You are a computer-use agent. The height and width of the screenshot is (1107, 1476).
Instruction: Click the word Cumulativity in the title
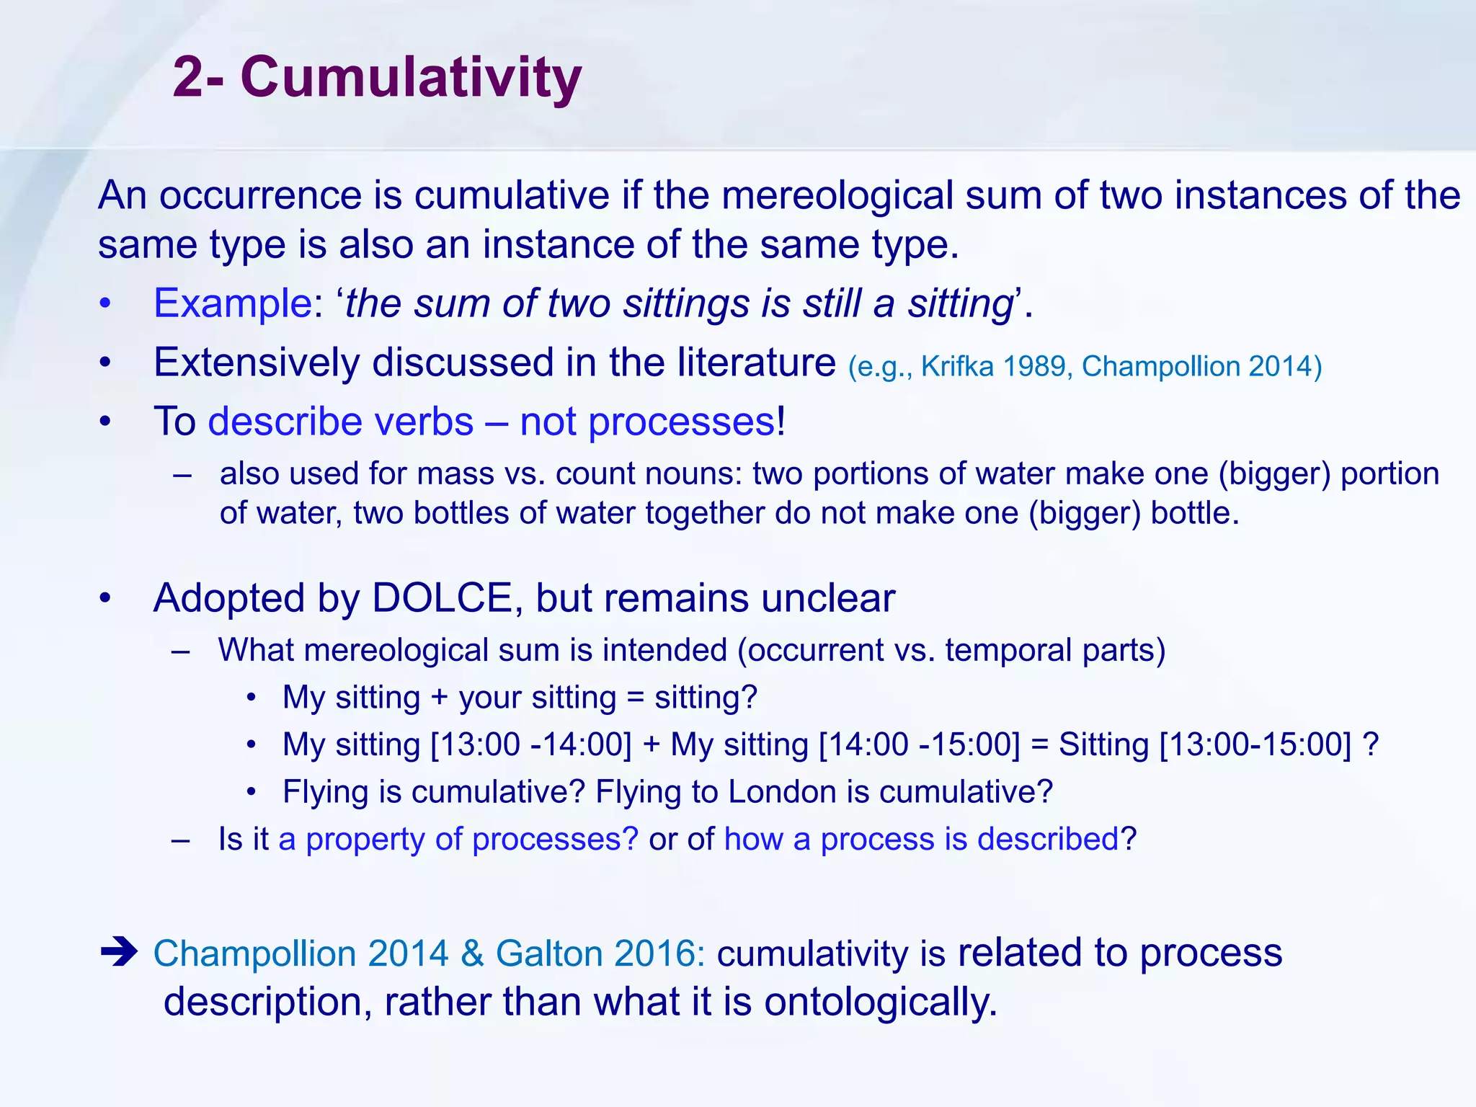click(x=411, y=77)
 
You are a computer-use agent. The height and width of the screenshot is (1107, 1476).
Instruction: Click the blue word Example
click(x=232, y=303)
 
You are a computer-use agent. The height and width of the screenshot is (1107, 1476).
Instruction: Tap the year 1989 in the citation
click(x=1034, y=367)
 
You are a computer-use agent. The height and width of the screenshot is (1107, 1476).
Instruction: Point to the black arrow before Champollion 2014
click(x=119, y=952)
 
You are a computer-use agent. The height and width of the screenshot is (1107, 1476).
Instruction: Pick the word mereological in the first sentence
click(x=837, y=196)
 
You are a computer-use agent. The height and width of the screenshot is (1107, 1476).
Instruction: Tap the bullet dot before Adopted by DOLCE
click(x=105, y=598)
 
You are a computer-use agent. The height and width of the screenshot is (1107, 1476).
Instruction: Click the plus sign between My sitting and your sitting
click(x=439, y=698)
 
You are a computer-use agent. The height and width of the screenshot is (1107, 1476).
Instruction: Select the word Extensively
click(x=256, y=363)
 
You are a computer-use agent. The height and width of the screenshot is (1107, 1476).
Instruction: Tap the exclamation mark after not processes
click(x=781, y=422)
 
